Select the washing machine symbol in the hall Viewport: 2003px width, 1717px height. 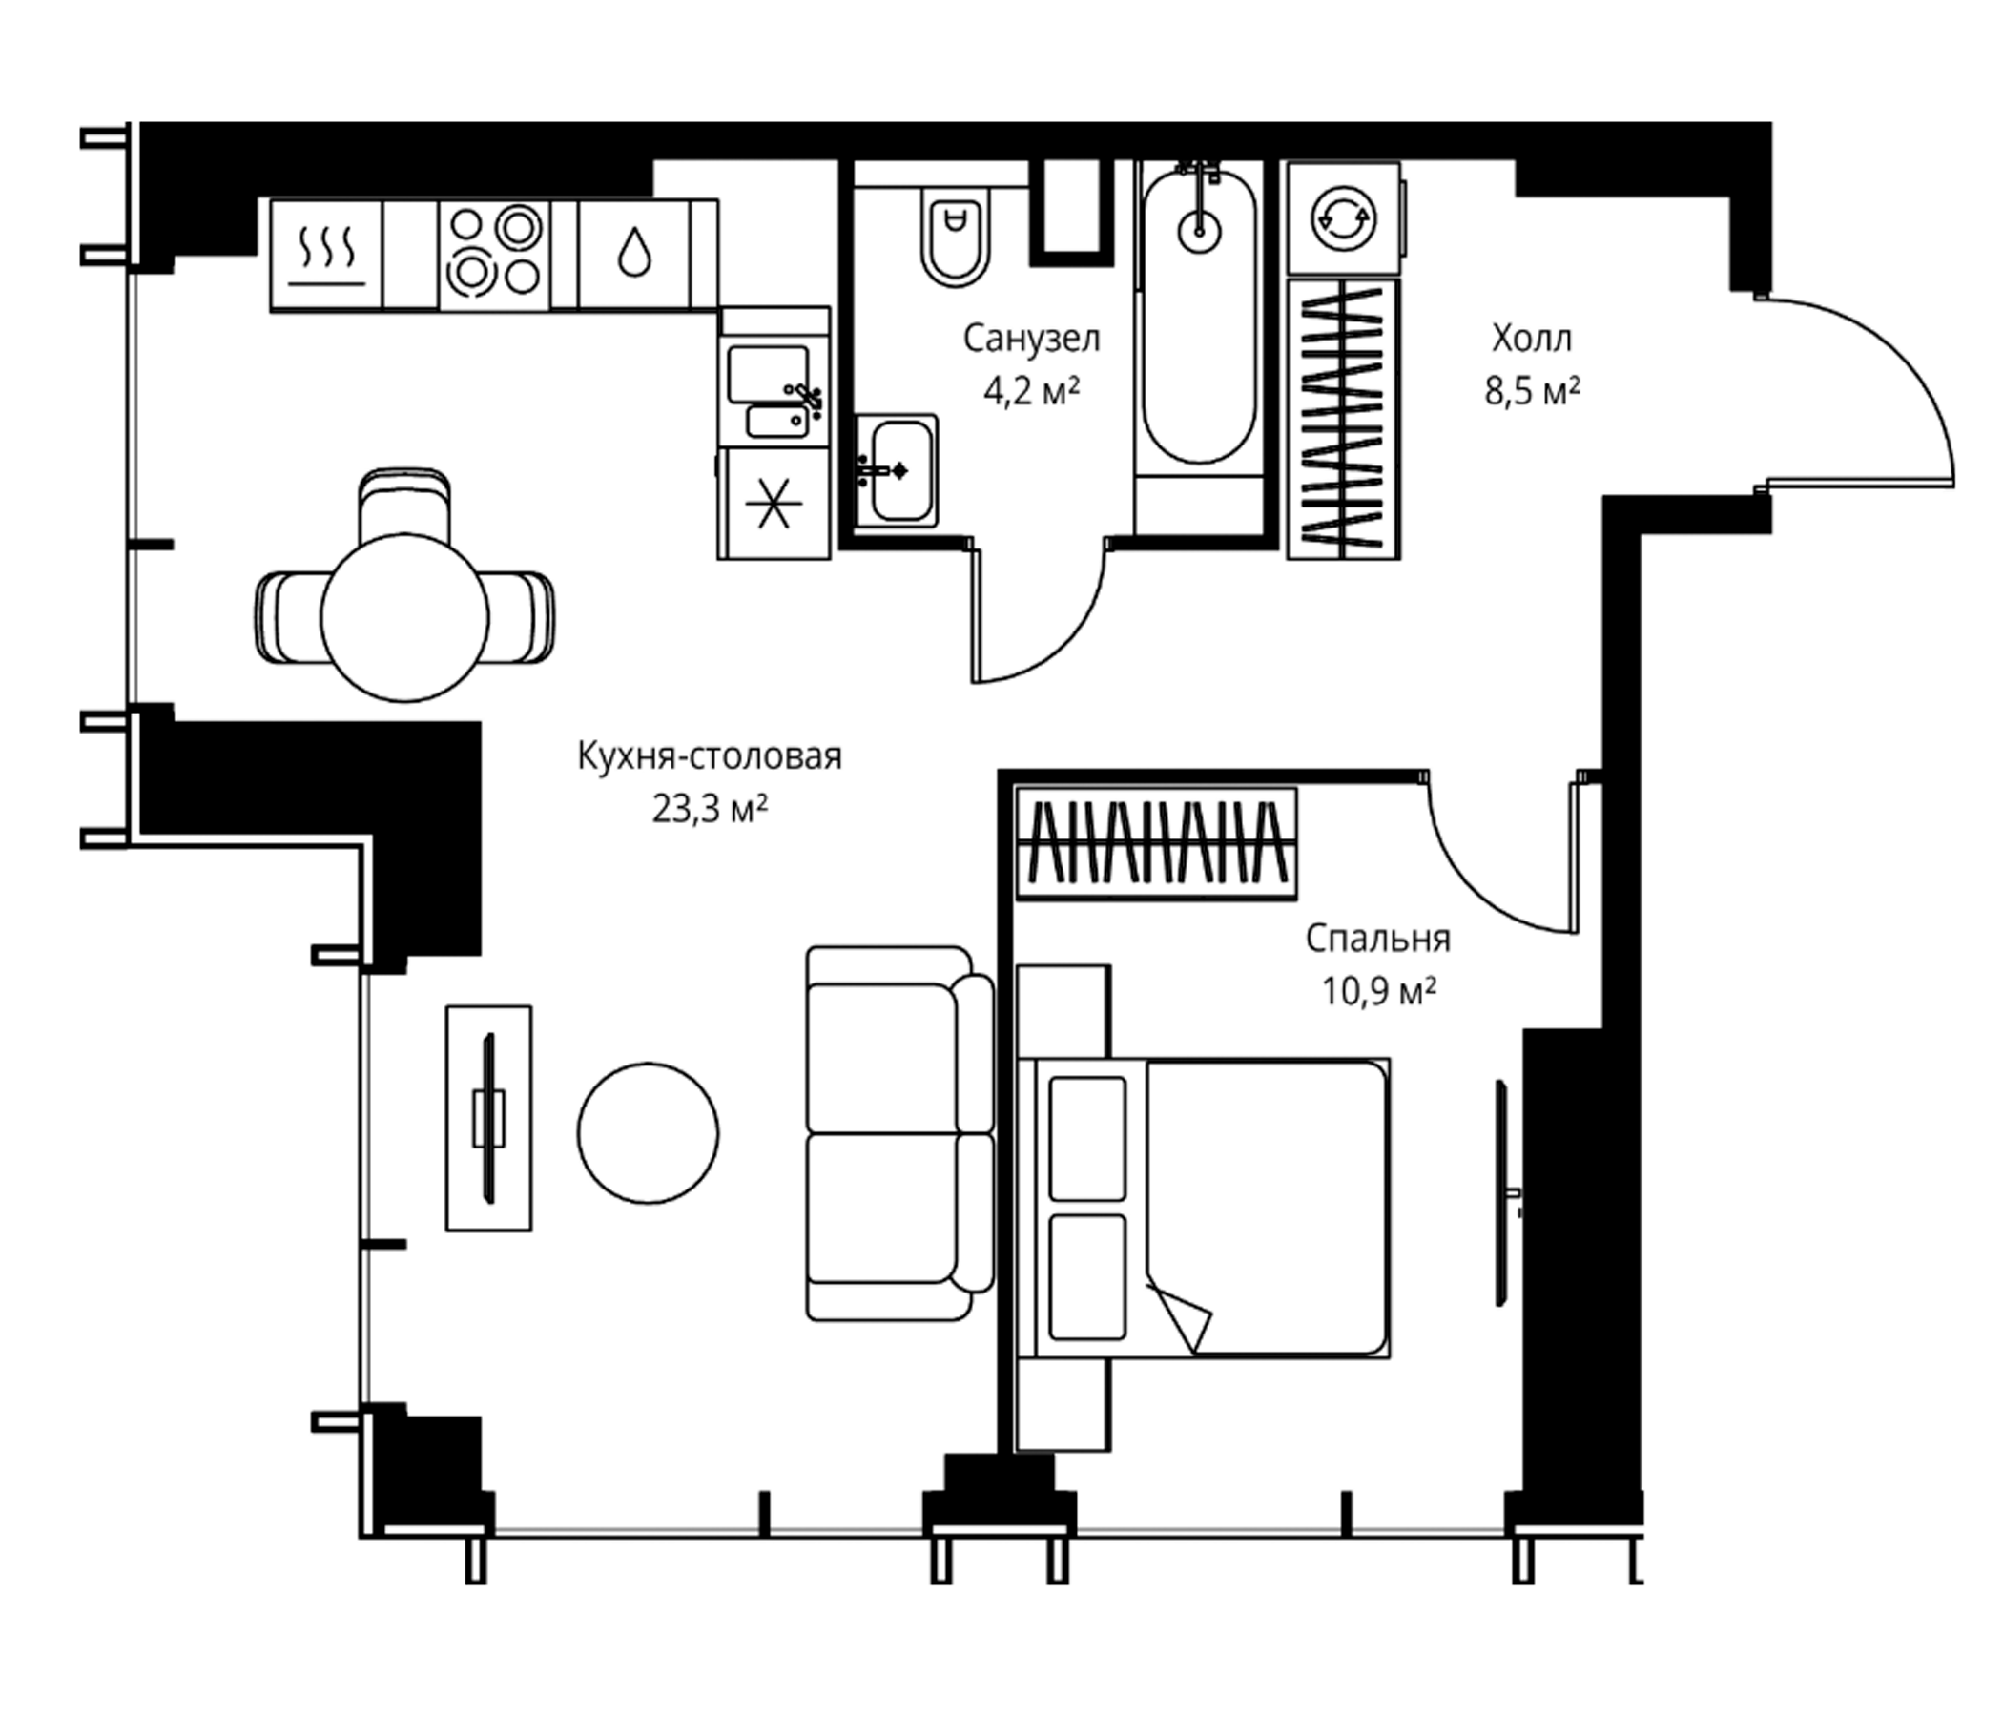tap(1344, 219)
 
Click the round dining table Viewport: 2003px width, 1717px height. tap(404, 618)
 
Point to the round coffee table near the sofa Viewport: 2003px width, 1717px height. tap(648, 1133)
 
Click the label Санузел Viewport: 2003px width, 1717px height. tap(1031, 339)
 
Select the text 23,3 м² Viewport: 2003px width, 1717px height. tap(710, 809)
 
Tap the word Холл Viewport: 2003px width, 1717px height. tap(1532, 339)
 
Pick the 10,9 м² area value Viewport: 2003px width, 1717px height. tap(1378, 991)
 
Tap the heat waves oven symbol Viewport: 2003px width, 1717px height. tap(328, 256)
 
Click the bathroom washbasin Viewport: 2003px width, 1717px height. tap(897, 471)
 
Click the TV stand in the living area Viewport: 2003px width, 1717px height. tap(488, 1118)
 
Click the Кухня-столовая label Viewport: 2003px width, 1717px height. tap(710, 756)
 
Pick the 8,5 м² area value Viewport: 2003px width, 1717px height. tap(1532, 391)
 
